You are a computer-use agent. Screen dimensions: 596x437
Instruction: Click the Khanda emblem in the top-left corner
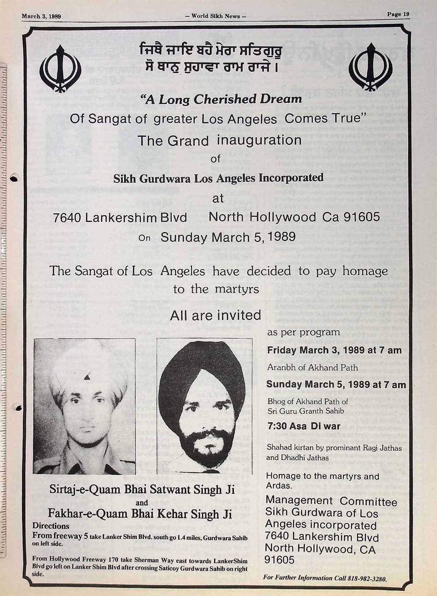pyautogui.click(x=61, y=69)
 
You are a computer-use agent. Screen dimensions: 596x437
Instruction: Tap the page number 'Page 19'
pyautogui.click(x=398, y=14)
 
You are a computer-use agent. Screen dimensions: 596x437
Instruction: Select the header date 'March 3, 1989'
pyautogui.click(x=41, y=17)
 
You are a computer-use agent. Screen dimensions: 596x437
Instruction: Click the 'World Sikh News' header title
pyautogui.click(x=216, y=16)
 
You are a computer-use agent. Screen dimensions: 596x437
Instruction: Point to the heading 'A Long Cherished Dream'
pyautogui.click(x=221, y=99)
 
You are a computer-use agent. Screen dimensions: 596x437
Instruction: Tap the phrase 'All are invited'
pyautogui.click(x=215, y=315)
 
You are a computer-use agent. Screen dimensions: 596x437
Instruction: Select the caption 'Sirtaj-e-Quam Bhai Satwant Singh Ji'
pyautogui.click(x=142, y=489)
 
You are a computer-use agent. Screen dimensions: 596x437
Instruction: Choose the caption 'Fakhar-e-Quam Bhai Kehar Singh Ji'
pyautogui.click(x=140, y=513)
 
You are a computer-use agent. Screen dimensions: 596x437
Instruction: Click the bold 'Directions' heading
pyautogui.click(x=51, y=526)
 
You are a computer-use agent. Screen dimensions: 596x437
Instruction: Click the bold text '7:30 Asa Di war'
pyautogui.click(x=304, y=426)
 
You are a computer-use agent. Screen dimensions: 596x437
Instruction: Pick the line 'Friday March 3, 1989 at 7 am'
pyautogui.click(x=334, y=350)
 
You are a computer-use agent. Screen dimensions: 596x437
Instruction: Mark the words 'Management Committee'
pyautogui.click(x=331, y=501)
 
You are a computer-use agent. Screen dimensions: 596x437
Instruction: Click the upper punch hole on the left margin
pyautogui.click(x=14, y=178)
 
